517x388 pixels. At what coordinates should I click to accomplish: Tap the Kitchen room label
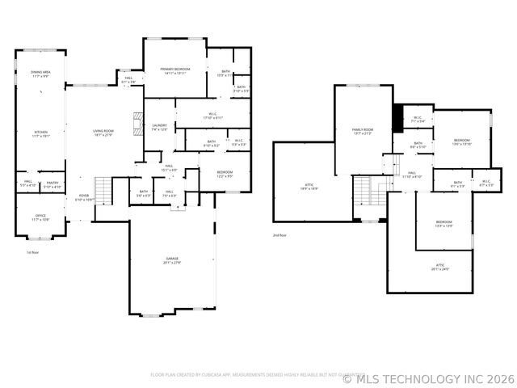pos(40,133)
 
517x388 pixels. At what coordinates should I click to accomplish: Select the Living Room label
pos(103,133)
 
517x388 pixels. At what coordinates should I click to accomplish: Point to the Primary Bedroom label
pos(174,70)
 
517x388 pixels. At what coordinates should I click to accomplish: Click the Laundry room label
pos(159,127)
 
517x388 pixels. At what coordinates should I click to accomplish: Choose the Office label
pos(40,217)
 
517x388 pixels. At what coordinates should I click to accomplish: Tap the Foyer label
pos(85,197)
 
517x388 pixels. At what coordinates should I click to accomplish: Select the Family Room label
pos(362,132)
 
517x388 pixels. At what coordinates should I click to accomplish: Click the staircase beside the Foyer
pos(103,191)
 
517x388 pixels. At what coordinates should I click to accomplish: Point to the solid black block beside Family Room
pos(397,118)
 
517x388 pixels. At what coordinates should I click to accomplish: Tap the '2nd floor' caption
pos(280,234)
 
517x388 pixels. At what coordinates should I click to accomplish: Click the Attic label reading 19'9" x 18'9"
pos(309,187)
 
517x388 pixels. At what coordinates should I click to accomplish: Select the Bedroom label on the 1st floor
pos(224,174)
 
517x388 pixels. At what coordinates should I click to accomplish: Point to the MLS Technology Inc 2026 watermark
pos(428,377)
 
